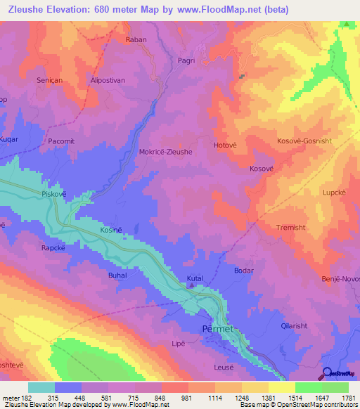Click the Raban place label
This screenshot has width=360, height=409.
point(136,40)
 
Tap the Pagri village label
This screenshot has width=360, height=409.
point(186,61)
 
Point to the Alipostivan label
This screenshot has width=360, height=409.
point(108,81)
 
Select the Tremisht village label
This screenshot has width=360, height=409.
point(290,227)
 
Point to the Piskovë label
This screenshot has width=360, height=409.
point(53,193)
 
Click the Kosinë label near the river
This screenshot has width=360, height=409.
point(110,231)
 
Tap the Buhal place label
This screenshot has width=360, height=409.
point(117,275)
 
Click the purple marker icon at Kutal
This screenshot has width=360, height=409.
point(191,285)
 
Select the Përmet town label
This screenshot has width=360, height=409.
point(217,328)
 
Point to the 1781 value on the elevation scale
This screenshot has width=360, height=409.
point(345,398)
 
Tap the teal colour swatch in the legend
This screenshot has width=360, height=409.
point(41,387)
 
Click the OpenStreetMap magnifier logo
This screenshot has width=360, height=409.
point(326,372)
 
